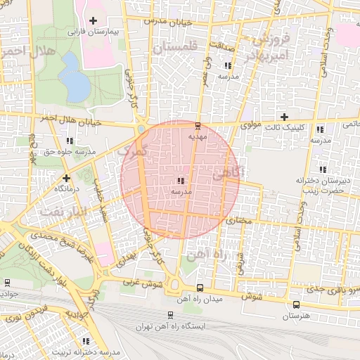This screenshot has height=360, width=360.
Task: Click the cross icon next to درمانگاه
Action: pyautogui.click(x=66, y=178)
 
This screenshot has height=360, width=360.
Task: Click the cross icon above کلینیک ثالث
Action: pyautogui.click(x=284, y=117)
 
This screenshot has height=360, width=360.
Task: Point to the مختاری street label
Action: pyautogui.click(x=241, y=220)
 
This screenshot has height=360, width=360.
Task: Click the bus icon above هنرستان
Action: pyautogui.click(x=296, y=305)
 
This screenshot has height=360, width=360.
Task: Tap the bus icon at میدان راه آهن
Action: pyautogui.click(x=200, y=288)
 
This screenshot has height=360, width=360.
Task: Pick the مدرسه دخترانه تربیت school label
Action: pyautogui.click(x=84, y=352)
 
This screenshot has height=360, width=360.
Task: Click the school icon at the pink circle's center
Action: pyautogui.click(x=181, y=181)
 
